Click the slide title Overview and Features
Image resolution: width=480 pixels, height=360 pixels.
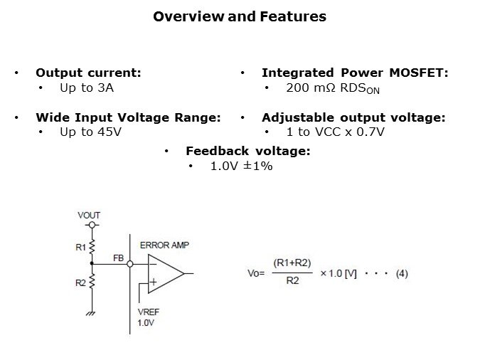pyautogui.click(x=240, y=16)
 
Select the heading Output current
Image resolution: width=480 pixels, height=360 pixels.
pyautogui.click(x=88, y=73)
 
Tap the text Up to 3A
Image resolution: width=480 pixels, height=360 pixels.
pyautogui.click(x=87, y=88)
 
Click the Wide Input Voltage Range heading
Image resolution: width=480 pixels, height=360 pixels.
pyautogui.click(x=128, y=117)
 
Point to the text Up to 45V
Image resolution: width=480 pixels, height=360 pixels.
pyautogui.click(x=90, y=132)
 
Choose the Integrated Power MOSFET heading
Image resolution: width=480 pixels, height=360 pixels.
pyautogui.click(x=355, y=73)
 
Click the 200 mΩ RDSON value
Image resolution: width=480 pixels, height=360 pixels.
pyautogui.click(x=337, y=89)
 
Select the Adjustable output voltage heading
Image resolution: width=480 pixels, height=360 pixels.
pyautogui.click(x=353, y=117)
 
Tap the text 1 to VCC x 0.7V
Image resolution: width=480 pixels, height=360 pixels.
pyautogui.click(x=335, y=132)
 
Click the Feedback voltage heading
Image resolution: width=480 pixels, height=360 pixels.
pyautogui.click(x=247, y=151)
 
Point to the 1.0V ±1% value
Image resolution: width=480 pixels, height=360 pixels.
pyautogui.click(x=242, y=166)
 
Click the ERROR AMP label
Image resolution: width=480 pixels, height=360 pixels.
pyautogui.click(x=164, y=245)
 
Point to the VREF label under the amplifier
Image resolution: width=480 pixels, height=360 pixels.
pyautogui.click(x=147, y=312)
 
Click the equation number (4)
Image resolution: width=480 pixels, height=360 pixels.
pyautogui.click(x=402, y=273)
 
